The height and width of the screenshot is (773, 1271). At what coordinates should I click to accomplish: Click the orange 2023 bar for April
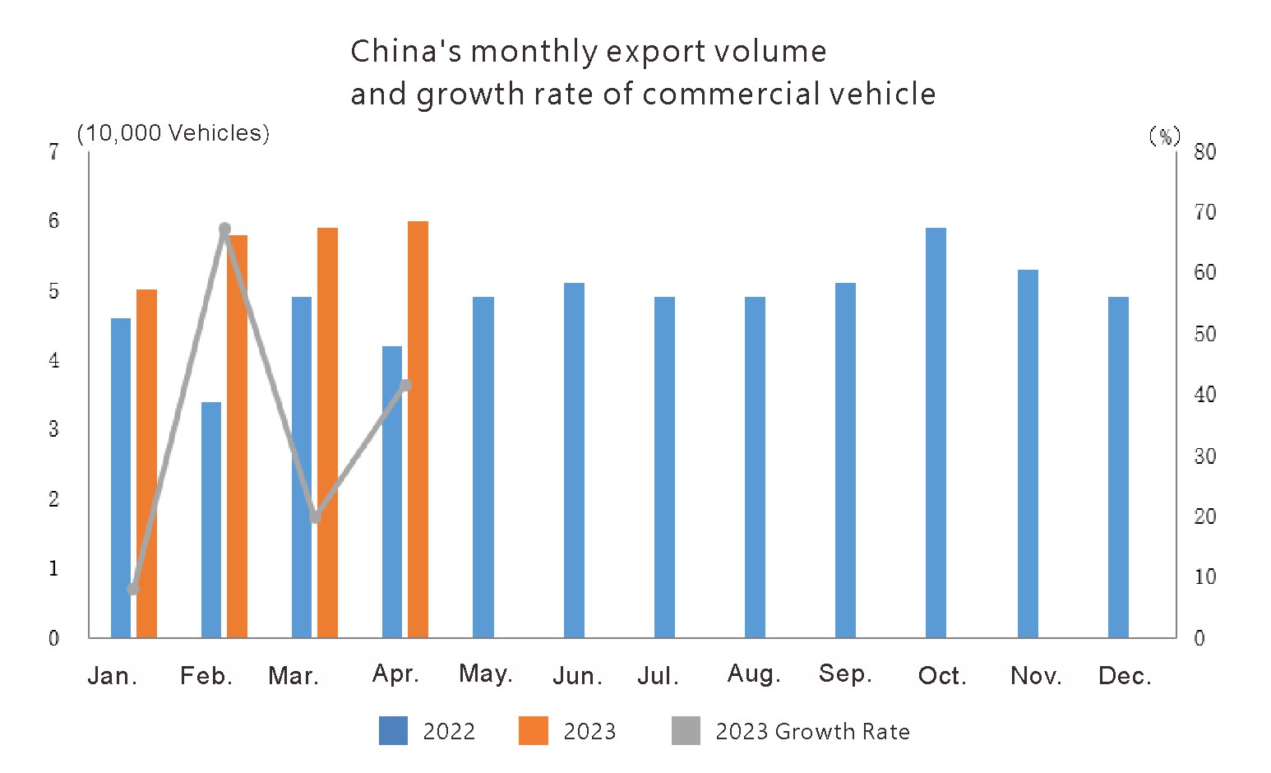418,429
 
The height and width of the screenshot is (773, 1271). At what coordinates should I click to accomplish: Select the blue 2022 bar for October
936,433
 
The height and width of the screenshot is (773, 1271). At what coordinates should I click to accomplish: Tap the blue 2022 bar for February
211,520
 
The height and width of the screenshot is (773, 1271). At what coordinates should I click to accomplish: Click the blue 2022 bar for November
1028,453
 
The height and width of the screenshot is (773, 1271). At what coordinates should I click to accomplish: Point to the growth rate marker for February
224,229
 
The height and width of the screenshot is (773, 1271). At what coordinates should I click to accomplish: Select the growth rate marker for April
405,385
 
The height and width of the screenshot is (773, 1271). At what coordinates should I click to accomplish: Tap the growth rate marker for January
133,589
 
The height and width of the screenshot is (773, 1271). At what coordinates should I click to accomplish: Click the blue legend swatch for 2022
393,731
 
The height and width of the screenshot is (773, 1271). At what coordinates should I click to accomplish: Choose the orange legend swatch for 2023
533,731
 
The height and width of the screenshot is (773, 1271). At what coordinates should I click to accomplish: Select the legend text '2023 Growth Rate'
812,731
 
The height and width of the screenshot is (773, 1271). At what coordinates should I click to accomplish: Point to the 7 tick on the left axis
54,151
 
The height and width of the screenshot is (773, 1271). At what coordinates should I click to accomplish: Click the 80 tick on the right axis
1204,151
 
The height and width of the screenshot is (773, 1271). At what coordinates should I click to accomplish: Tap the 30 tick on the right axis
1204,456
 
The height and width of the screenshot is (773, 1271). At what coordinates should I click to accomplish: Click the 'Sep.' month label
844,674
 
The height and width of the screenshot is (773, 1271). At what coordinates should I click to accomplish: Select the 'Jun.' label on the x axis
577,676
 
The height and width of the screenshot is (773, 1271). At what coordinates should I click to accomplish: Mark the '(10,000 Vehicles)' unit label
173,133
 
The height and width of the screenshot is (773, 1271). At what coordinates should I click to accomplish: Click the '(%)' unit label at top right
1164,136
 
